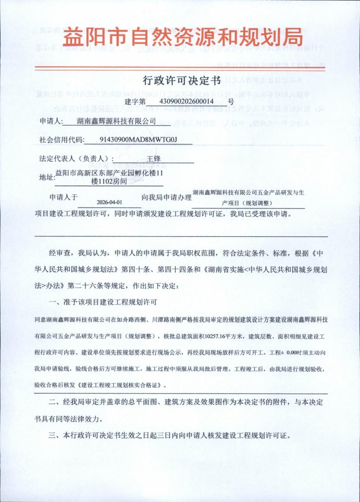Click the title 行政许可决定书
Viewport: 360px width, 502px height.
point(181,81)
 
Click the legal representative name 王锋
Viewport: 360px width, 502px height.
point(154,159)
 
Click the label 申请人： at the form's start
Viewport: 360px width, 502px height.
point(50,122)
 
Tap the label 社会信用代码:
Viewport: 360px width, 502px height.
point(62,140)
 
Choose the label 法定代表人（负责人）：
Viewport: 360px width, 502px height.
point(77,159)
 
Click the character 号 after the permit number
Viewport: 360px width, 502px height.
point(231,101)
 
